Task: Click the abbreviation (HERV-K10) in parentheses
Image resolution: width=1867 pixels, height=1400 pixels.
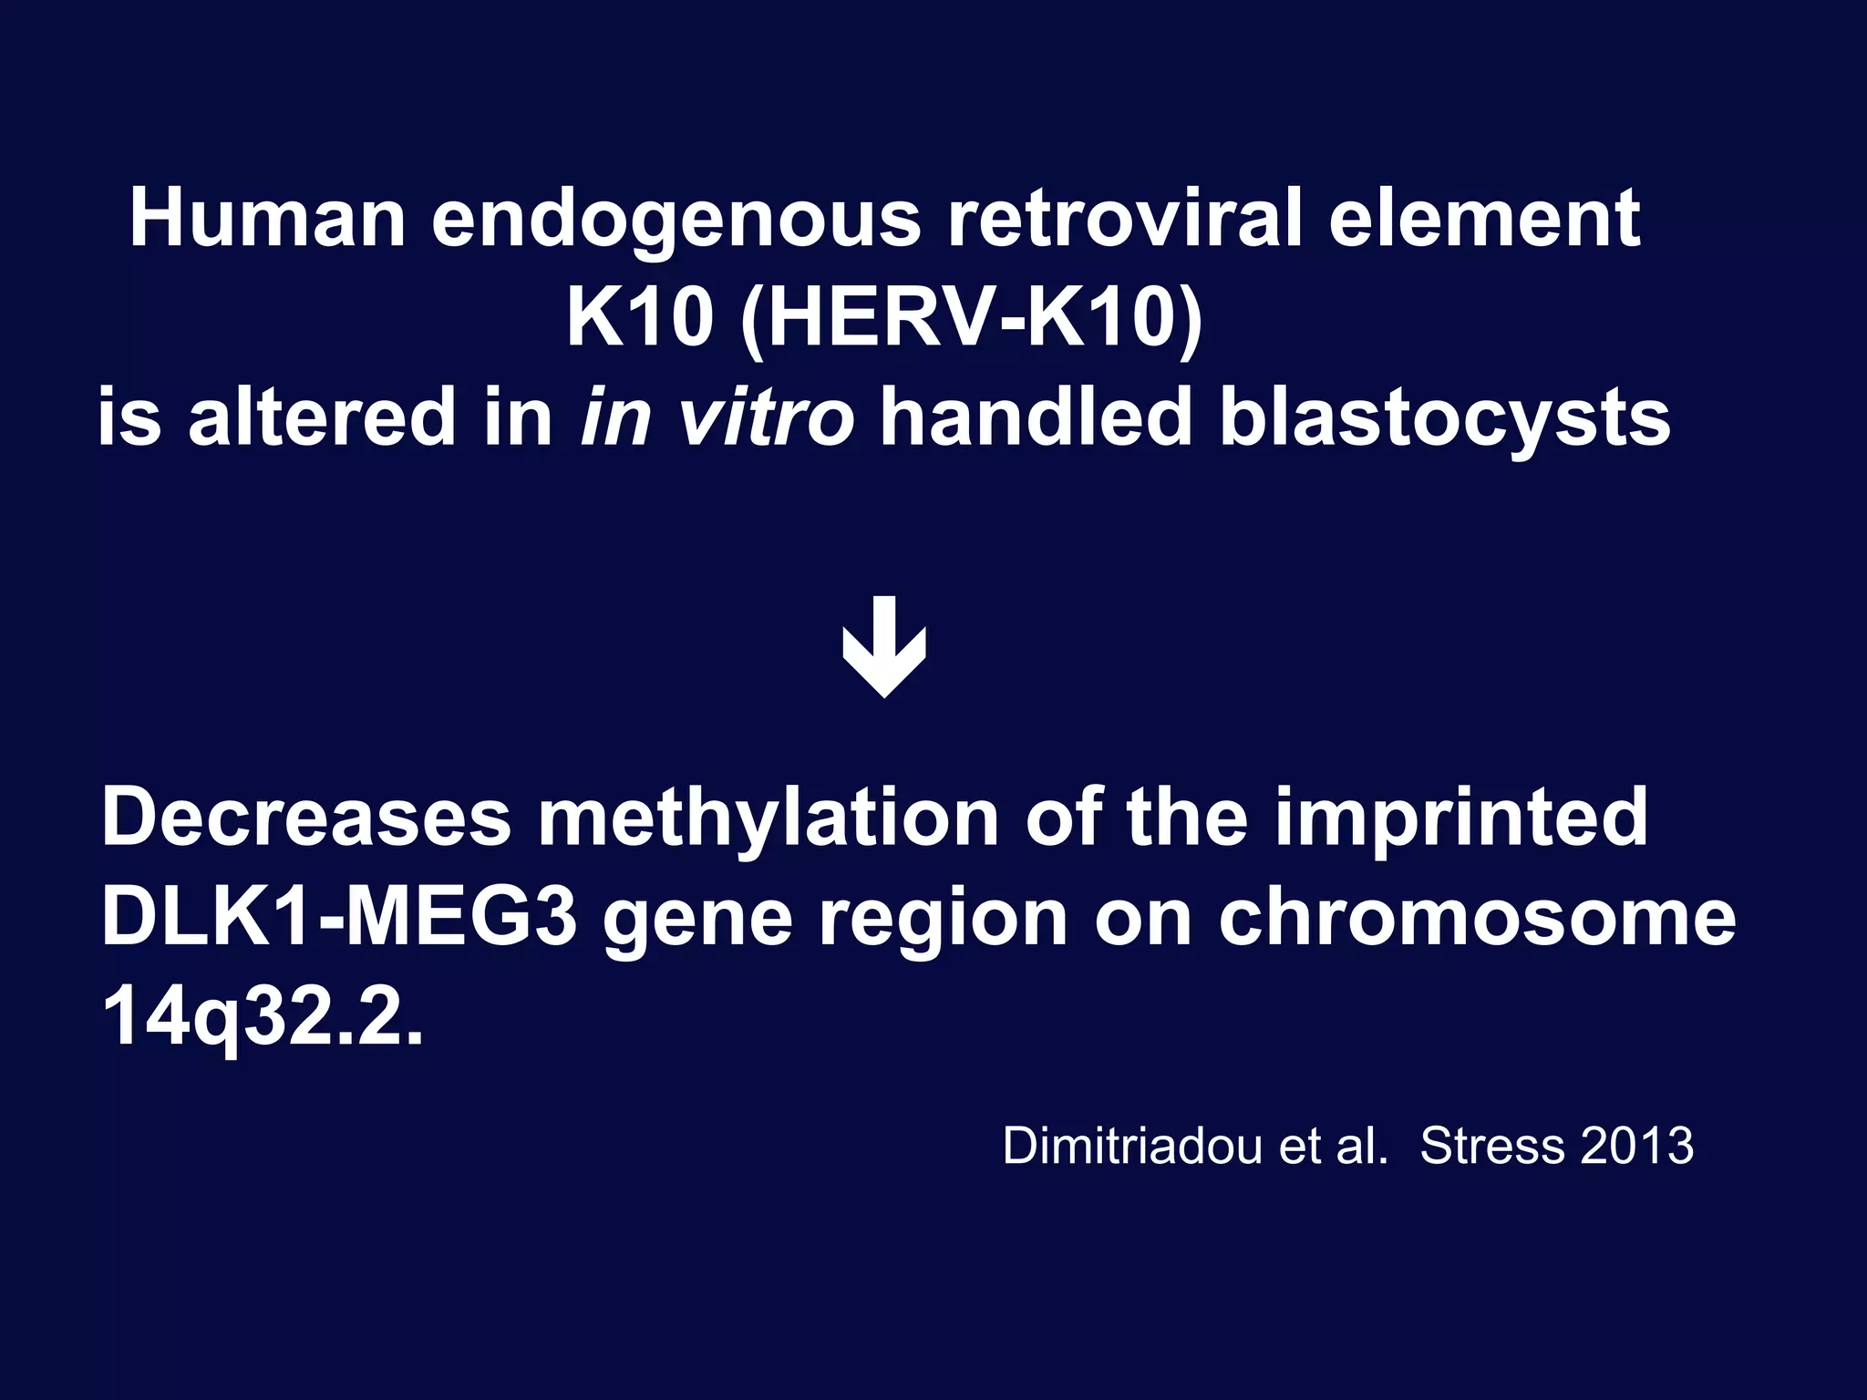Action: [970, 320]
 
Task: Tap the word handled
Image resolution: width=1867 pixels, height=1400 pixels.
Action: [1036, 417]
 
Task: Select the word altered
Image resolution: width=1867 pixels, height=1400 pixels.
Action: [321, 417]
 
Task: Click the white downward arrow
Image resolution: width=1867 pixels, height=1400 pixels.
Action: [884, 647]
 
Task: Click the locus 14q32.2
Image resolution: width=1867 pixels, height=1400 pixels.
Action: [263, 1018]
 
